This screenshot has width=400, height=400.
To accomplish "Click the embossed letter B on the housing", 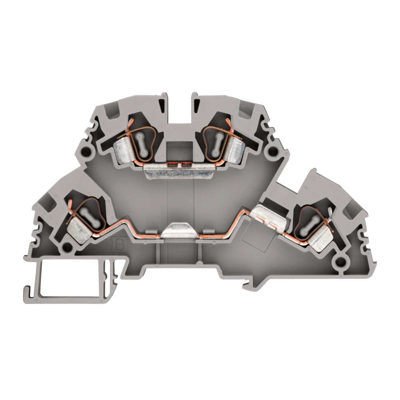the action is [x=120, y=245].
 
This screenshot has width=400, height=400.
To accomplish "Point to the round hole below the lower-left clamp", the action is [x=67, y=246].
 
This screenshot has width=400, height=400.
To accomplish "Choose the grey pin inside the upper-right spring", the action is [x=217, y=144].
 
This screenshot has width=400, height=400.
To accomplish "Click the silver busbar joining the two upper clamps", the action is [x=179, y=172].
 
